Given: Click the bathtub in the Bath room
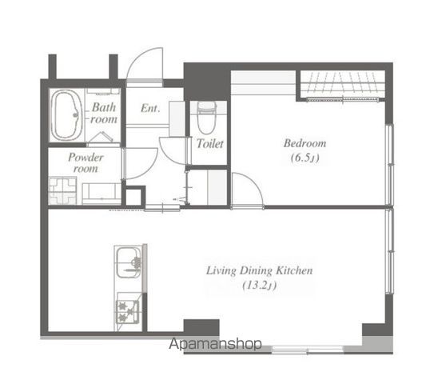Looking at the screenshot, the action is click(x=66, y=115).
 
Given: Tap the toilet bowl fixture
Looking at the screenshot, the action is click(x=207, y=118).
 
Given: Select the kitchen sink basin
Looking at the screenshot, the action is click(x=129, y=262).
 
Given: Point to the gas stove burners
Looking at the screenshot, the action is click(x=128, y=311).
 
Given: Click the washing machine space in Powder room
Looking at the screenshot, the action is click(x=62, y=191).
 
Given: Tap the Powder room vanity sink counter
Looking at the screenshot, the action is click(x=102, y=194).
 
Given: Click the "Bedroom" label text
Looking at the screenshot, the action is click(x=305, y=143).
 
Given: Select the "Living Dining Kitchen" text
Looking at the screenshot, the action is click(x=260, y=270).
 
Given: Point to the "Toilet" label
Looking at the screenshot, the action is click(x=210, y=143).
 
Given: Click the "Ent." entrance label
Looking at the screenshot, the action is click(x=150, y=108).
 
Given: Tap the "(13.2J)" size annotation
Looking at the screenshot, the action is click(x=260, y=286).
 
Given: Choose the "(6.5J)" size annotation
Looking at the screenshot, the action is click(x=305, y=158).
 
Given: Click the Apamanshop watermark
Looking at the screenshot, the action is click(x=215, y=344).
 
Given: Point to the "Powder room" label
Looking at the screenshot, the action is click(x=86, y=162).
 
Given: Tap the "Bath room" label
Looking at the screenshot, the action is click(x=104, y=113).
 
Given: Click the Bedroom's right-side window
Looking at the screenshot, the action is click(x=389, y=165).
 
